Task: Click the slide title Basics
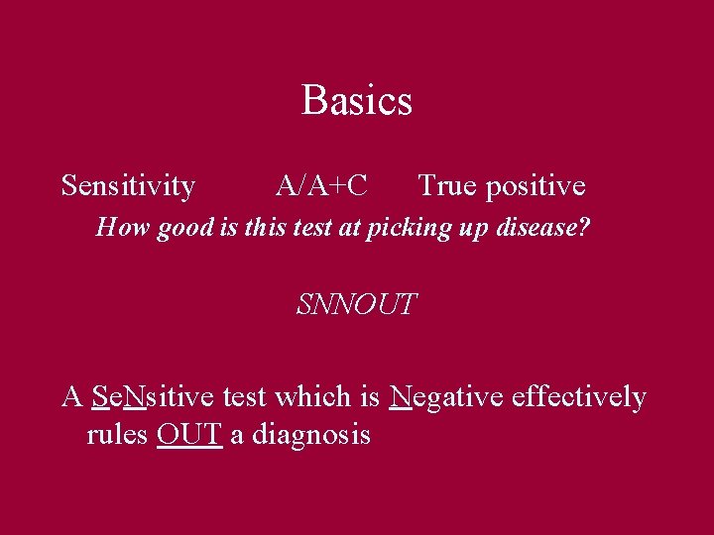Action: coord(356,100)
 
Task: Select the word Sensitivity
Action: coord(128,185)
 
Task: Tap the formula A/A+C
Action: coord(321,185)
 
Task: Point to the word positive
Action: coord(535,186)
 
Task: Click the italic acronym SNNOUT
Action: coord(356,304)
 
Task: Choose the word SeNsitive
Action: coord(154,397)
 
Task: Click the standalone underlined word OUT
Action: coord(188,434)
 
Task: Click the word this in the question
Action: coord(261,228)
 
